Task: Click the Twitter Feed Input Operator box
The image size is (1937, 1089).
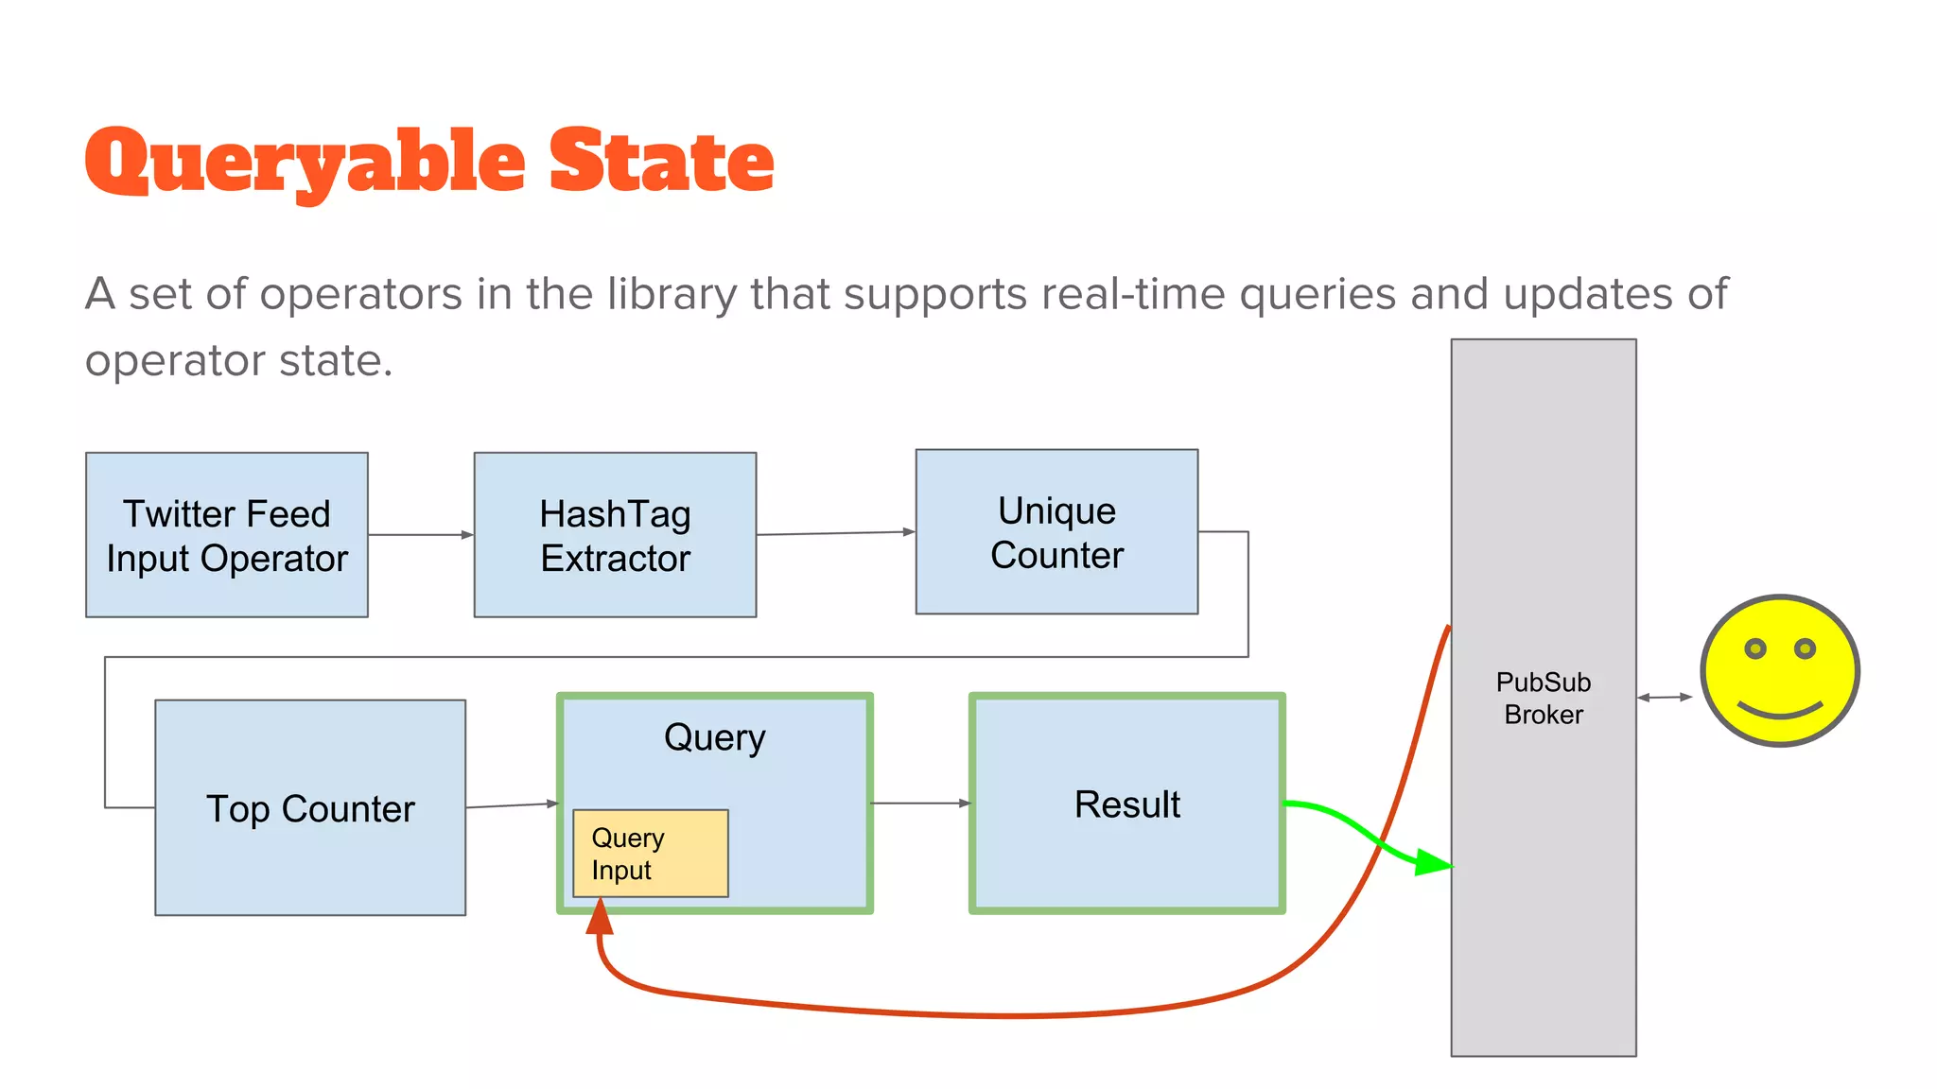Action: click(x=227, y=535)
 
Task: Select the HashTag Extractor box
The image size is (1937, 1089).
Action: click(x=615, y=535)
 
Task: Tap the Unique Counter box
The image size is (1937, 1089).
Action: click(x=1056, y=531)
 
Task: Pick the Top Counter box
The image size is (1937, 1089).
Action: click(x=310, y=808)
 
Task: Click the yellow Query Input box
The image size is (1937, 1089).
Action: click(x=651, y=854)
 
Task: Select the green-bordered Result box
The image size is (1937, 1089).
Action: click(x=1126, y=804)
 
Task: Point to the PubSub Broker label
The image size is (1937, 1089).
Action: click(x=1543, y=698)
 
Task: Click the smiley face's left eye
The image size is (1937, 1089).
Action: click(x=1755, y=648)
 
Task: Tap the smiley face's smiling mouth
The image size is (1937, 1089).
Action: click(x=1780, y=711)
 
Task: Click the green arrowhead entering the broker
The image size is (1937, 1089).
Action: click(x=1433, y=862)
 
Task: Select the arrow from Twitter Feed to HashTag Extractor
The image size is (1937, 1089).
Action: click(x=421, y=535)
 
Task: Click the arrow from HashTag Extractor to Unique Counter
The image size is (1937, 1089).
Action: click(x=836, y=533)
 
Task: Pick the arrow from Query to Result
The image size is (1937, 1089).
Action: click(x=920, y=804)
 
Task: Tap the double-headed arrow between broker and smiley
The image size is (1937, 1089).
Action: click(x=1665, y=698)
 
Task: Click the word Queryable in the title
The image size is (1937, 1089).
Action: click(x=305, y=163)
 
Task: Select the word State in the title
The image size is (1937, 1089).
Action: click(x=661, y=163)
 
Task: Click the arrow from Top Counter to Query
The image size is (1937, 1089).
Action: click(x=512, y=805)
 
